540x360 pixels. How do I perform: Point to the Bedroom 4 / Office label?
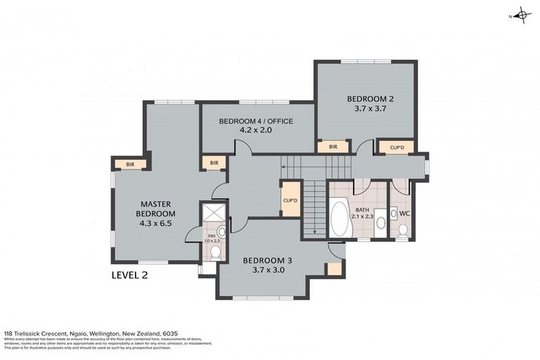[x=256, y=125]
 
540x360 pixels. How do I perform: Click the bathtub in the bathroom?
[x=339, y=219]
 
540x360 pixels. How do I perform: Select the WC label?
[x=404, y=212]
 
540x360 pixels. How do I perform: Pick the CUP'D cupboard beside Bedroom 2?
[x=396, y=147]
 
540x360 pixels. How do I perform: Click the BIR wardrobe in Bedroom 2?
[x=333, y=147]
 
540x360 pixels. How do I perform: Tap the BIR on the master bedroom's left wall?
[x=130, y=165]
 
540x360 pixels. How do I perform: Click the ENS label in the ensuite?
[x=212, y=236]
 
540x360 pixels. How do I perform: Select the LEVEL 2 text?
[x=130, y=275]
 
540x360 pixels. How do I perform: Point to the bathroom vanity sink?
[x=380, y=221]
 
